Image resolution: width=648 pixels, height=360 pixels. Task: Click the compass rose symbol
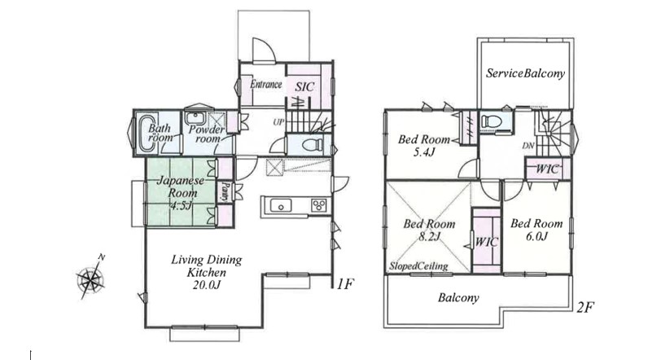click(91, 279)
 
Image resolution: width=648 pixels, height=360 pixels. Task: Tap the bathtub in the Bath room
click(147, 134)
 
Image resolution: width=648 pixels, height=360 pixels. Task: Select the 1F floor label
click(344, 283)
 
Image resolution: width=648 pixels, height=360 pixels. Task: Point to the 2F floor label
click(585, 308)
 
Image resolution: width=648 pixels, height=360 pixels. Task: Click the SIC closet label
click(304, 87)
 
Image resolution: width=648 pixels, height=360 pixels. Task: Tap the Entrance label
click(265, 85)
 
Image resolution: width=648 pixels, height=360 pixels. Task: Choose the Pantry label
click(225, 191)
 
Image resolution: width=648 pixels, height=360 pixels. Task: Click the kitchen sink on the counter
click(281, 205)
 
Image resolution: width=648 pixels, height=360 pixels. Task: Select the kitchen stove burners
click(318, 205)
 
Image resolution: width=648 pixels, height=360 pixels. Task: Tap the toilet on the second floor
click(492, 121)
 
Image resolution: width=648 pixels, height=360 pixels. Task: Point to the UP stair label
click(278, 123)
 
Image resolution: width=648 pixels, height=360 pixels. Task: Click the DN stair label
click(528, 146)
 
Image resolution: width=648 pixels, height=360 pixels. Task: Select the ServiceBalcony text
click(525, 73)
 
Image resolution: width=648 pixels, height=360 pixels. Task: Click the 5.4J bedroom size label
click(424, 152)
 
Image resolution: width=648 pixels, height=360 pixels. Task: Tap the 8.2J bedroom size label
click(429, 236)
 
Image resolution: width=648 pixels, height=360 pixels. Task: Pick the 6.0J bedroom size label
click(536, 236)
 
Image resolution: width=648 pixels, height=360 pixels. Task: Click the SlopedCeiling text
click(418, 266)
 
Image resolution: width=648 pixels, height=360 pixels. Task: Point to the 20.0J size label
click(207, 285)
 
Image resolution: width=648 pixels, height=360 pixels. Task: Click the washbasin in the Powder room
click(195, 118)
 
